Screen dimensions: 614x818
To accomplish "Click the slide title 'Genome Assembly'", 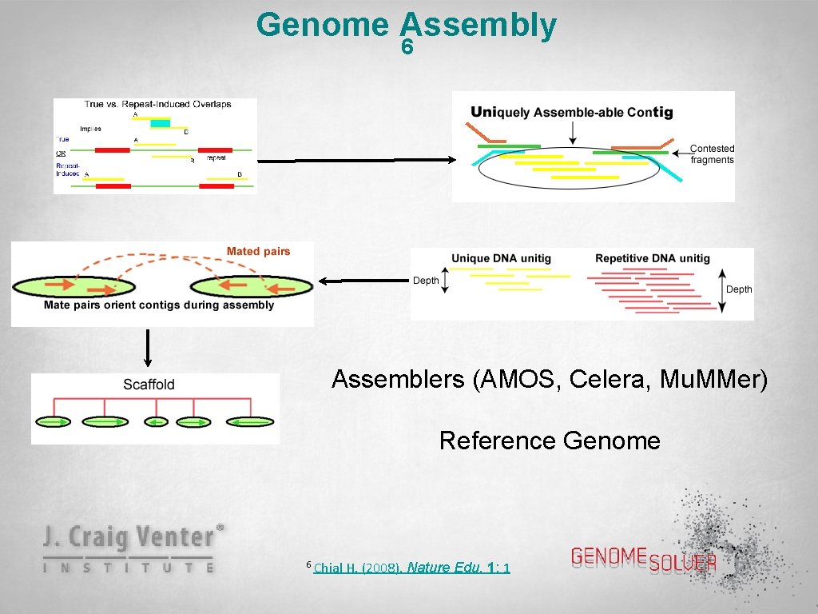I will [x=406, y=25].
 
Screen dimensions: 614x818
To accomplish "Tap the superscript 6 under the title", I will [x=407, y=49].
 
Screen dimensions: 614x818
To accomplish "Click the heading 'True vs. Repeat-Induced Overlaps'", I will [x=158, y=104].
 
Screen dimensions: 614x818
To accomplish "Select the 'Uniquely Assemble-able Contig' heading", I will [x=572, y=113].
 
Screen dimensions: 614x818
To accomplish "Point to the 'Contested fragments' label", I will [x=711, y=154].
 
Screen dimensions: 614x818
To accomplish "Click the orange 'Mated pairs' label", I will [x=258, y=251].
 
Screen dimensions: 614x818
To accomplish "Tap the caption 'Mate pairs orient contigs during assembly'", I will [x=159, y=305].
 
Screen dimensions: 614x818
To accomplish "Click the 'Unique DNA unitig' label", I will [x=501, y=258].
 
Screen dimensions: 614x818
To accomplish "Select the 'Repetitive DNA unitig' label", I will [x=652, y=258].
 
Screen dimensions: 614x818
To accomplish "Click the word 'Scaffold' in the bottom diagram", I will [x=149, y=385].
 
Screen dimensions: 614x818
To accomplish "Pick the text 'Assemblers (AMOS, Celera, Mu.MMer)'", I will [x=550, y=379].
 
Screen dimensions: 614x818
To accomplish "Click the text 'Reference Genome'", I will [x=550, y=441].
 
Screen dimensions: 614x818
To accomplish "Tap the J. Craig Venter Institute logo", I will [x=133, y=548].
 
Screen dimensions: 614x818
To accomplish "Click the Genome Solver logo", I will [x=644, y=559].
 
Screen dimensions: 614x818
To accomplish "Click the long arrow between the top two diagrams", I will [x=356, y=161].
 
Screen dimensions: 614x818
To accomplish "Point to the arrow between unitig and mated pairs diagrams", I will [x=363, y=281].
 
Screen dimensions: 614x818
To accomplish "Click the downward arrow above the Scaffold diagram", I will [x=148, y=345].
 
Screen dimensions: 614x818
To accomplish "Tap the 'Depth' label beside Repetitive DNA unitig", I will [x=739, y=289].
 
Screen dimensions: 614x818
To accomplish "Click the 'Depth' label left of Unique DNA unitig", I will [x=426, y=281].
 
